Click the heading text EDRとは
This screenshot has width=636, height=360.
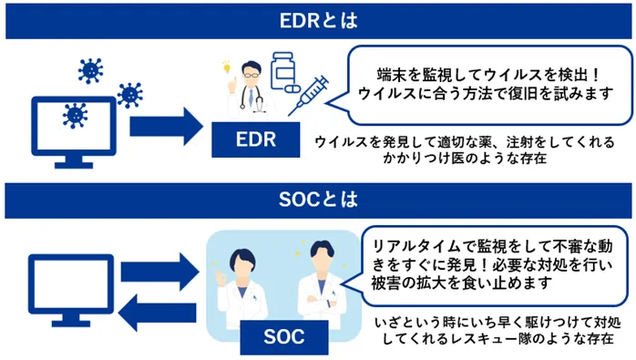click(x=318, y=19)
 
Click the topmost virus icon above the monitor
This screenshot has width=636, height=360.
click(x=90, y=69)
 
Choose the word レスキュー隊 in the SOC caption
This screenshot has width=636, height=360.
click(x=497, y=338)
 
